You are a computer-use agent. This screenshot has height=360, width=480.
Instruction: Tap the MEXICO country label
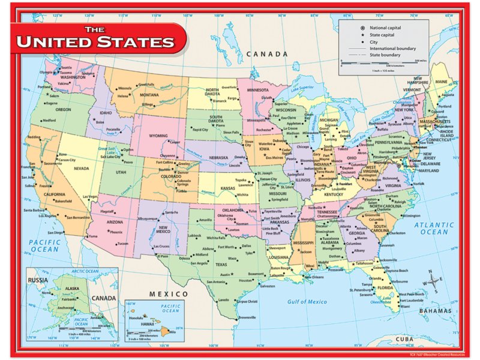click(169, 293)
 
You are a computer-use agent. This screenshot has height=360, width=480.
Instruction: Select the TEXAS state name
click(221, 265)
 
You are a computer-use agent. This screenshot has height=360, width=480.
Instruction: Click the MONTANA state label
click(149, 95)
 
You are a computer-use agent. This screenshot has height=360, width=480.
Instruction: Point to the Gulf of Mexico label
click(307, 302)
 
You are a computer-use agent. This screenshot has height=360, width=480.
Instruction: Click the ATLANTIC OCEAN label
click(434, 228)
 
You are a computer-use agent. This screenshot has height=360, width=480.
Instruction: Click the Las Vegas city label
click(90, 197)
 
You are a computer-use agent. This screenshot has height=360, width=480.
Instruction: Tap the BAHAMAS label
click(435, 311)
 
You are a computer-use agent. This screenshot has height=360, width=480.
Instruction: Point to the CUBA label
click(406, 340)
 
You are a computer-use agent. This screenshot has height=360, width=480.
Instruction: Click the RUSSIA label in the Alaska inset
click(40, 279)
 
